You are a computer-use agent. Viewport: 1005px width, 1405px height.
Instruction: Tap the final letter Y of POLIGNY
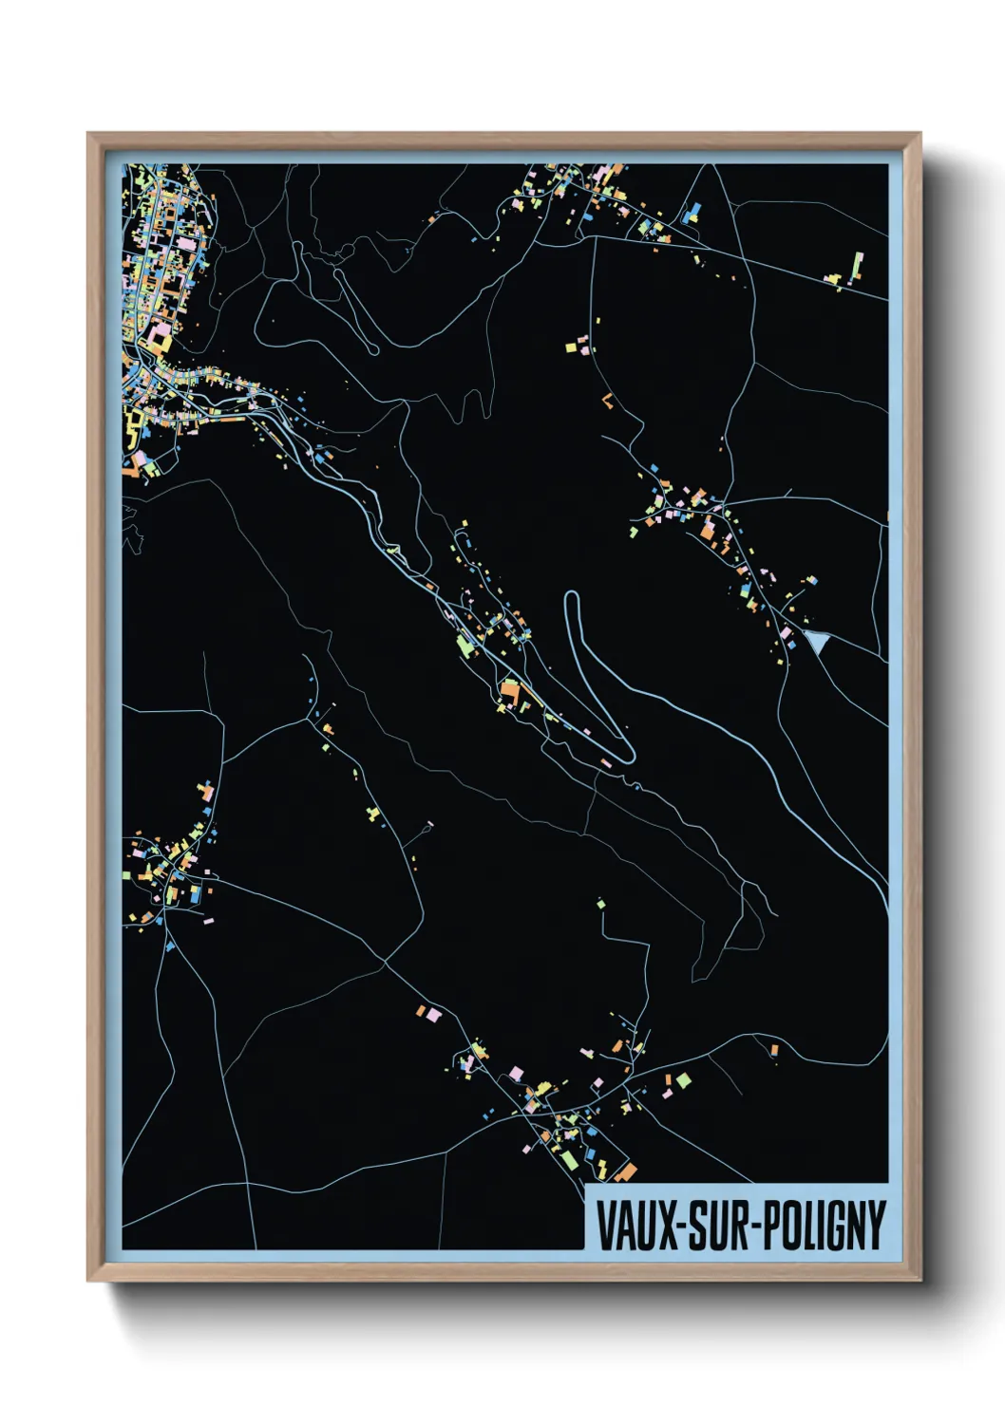pos(877,1226)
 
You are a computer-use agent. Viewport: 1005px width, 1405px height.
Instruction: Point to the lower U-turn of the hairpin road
pos(628,757)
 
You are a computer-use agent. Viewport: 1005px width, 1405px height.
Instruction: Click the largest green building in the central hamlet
pos(464,646)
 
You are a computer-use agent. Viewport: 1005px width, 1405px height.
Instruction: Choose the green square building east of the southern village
pos(683,1079)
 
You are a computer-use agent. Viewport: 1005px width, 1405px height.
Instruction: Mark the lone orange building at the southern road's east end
pos(774,1049)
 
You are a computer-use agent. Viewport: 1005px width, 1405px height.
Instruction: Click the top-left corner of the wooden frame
pos(88,134)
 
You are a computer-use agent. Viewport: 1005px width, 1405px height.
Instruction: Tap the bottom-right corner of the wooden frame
pos(920,1280)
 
